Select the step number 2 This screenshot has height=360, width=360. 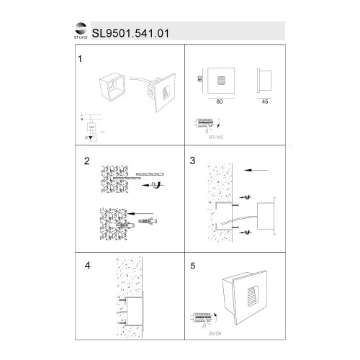coord(87,161)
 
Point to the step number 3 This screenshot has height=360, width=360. coord(192,161)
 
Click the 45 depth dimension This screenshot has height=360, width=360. coord(267,102)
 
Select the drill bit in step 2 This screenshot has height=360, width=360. coord(147,173)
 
